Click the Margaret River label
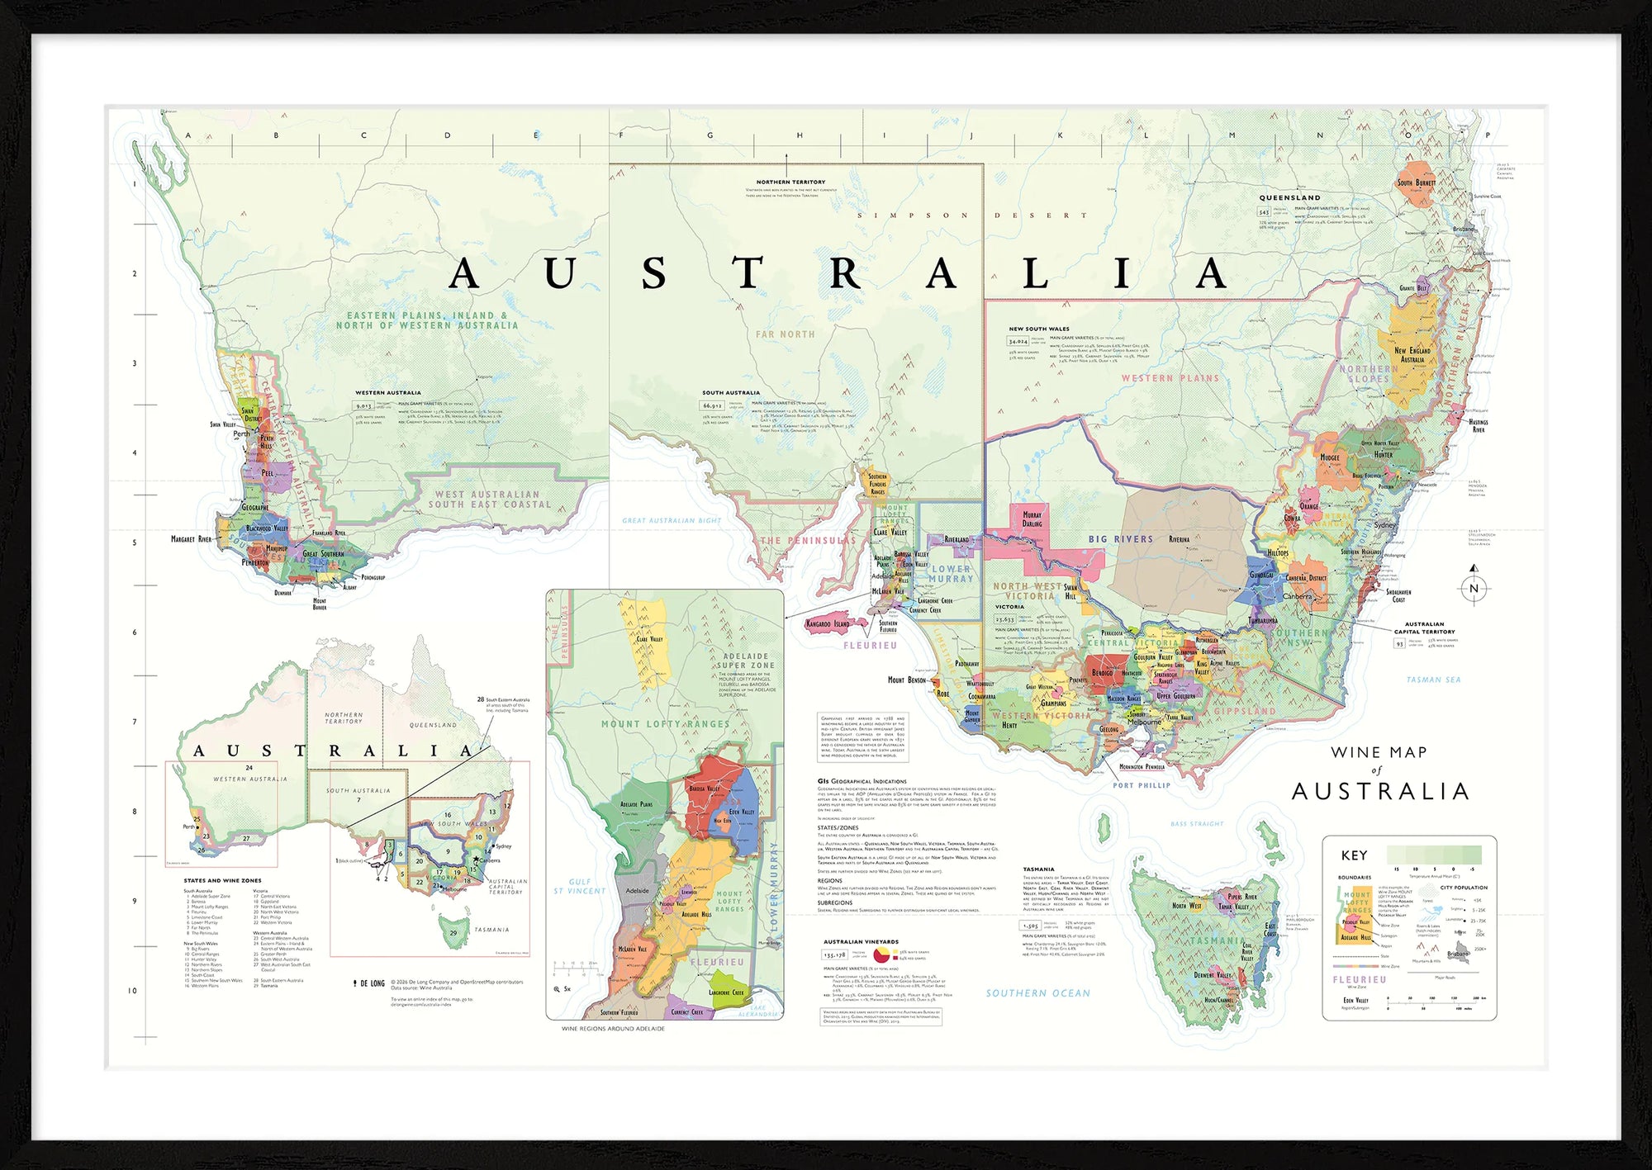pos(191,539)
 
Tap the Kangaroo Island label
pos(827,624)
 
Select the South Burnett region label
pos(1416,182)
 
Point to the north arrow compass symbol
pos(1474,587)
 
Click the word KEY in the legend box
pos(1354,855)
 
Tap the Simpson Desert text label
pos(972,216)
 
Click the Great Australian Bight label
pos(672,521)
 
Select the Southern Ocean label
pos(1037,993)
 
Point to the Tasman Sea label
pos(1433,680)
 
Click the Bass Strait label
pos(1197,824)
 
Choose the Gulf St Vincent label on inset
pos(579,887)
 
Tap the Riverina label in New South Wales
pos(1180,539)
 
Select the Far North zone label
pos(785,334)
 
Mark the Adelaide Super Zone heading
pos(745,661)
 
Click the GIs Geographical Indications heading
pos(862,781)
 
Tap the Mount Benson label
pos(906,680)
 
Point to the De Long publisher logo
pos(368,983)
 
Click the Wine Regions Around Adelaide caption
pos(613,1029)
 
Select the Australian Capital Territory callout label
pos(1424,628)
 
